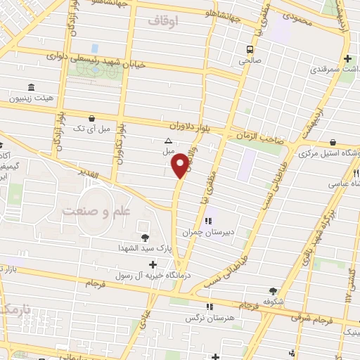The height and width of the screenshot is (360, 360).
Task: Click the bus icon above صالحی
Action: (x=249, y=49)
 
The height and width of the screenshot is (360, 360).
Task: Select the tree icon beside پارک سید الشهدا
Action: (x=145, y=237)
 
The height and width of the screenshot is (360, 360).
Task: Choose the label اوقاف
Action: (x=165, y=21)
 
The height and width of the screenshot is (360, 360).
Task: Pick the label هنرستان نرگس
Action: (x=210, y=318)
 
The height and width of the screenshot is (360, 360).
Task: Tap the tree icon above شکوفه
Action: (x=274, y=290)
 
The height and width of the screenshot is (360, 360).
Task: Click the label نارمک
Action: (x=14, y=309)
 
